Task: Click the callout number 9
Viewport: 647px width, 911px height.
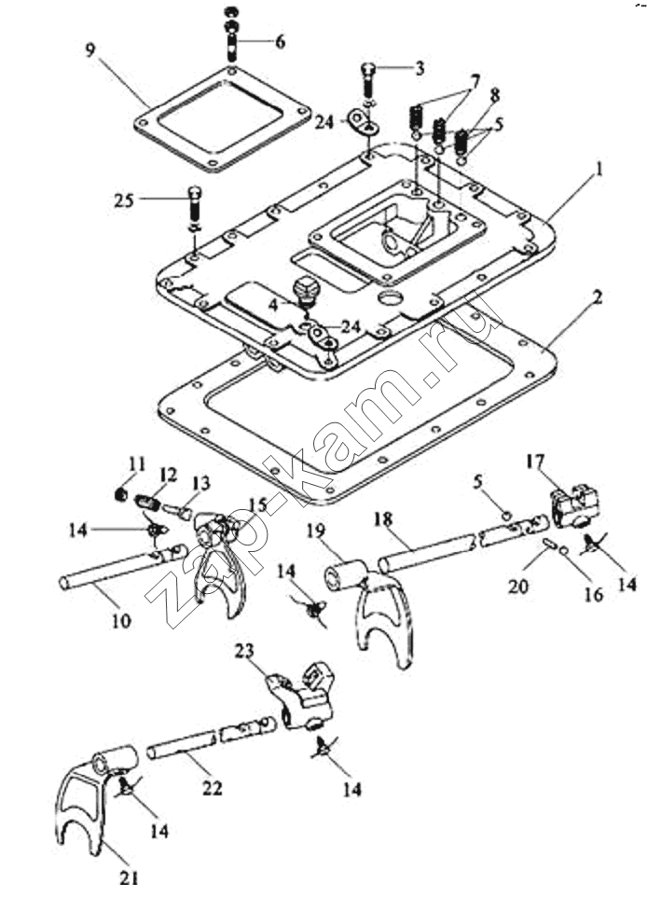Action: click(x=90, y=50)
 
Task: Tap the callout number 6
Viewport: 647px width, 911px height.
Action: click(x=280, y=42)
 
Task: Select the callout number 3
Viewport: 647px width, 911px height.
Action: click(x=419, y=69)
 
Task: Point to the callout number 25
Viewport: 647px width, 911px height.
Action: click(x=124, y=200)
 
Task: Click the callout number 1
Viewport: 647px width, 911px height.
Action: click(x=599, y=171)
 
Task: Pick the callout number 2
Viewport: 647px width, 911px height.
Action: click(x=597, y=298)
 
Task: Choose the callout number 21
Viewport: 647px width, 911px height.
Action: click(x=130, y=878)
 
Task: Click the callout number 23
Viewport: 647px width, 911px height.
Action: click(x=244, y=651)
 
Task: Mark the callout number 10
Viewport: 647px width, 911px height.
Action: click(x=121, y=620)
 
